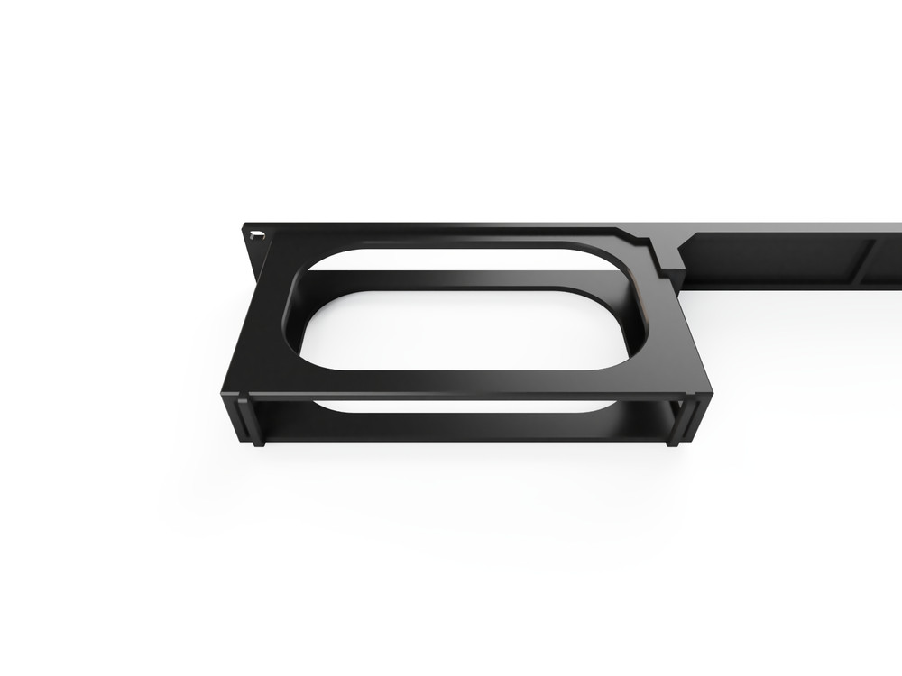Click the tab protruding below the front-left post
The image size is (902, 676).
click(259, 442)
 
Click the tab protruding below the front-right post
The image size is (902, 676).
click(673, 442)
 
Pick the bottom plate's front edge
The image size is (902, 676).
click(465, 439)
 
